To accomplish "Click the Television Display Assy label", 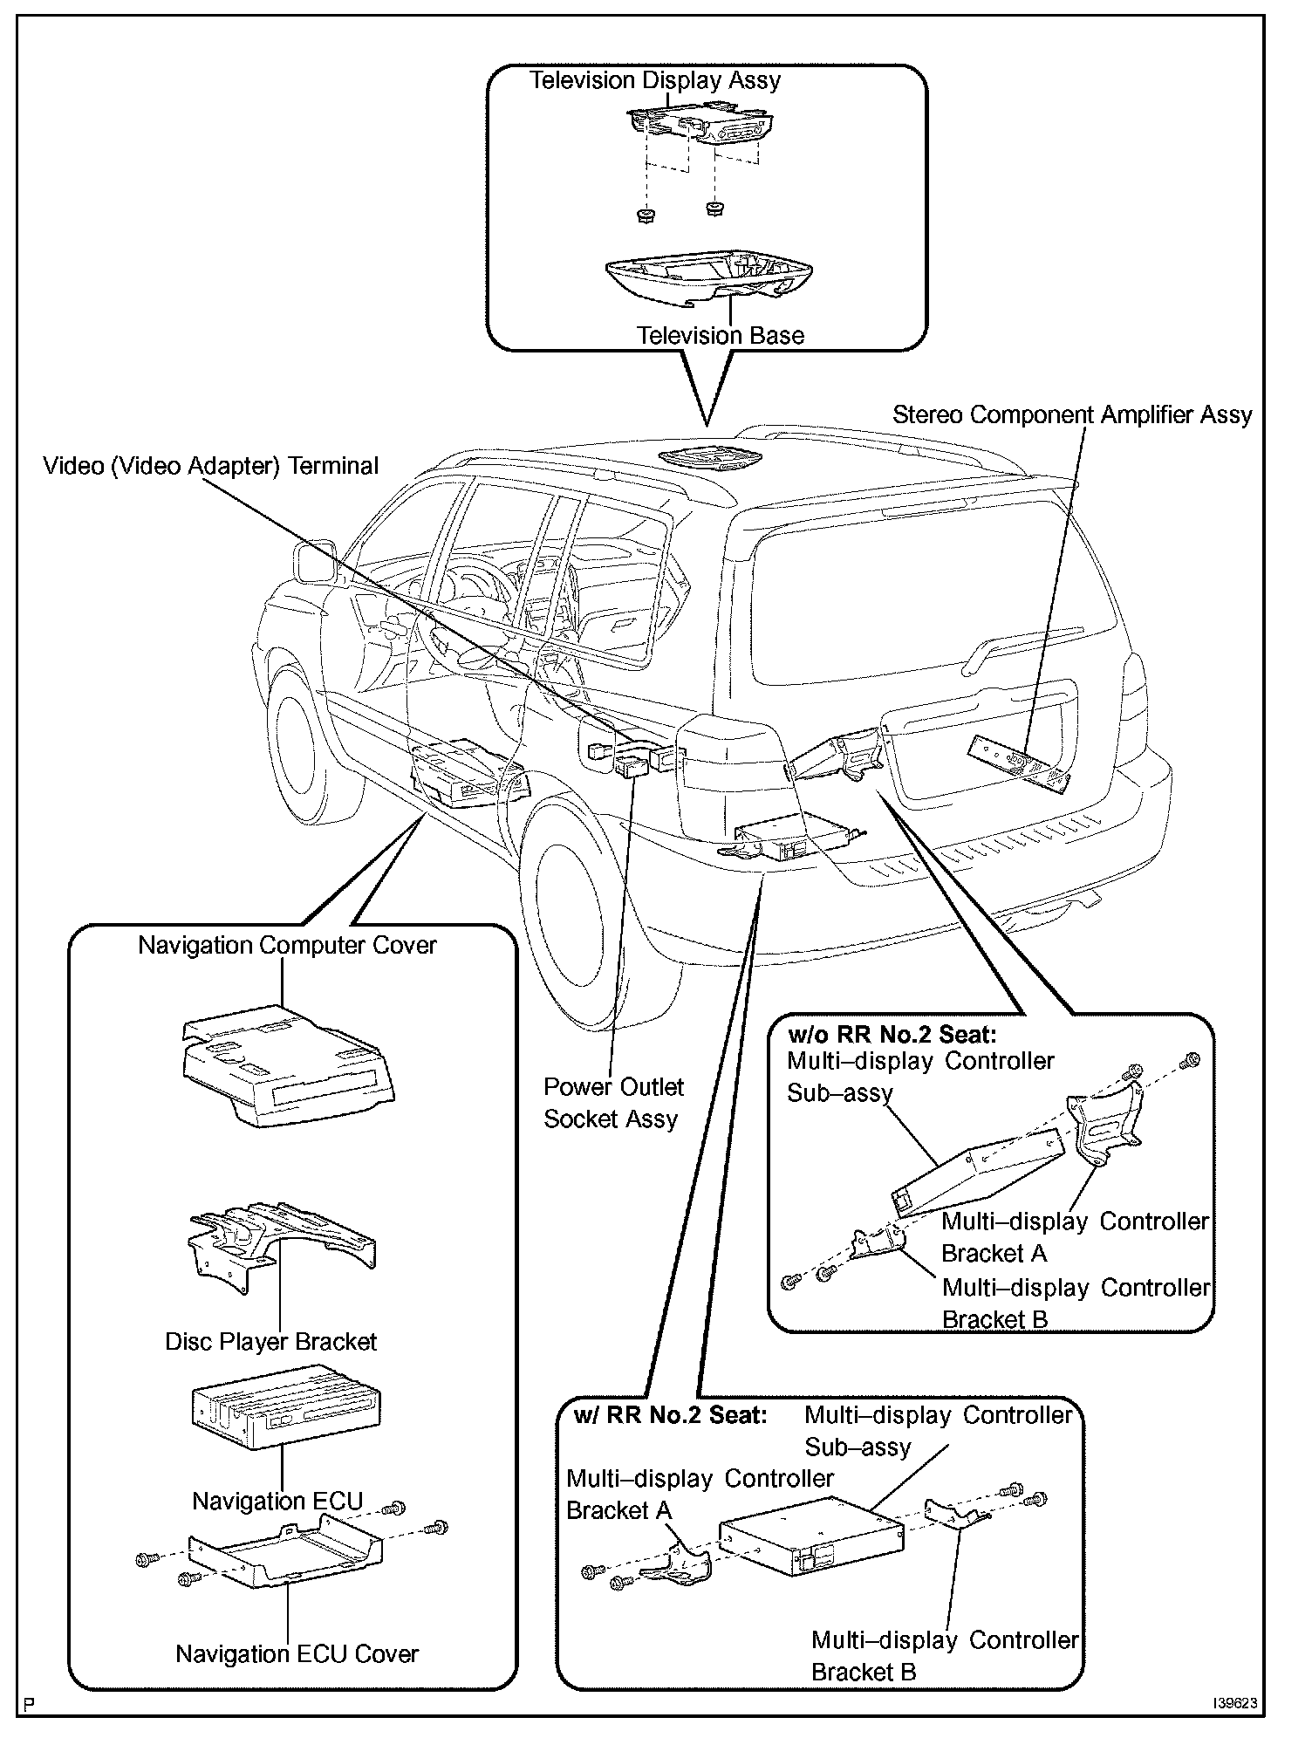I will pos(655,80).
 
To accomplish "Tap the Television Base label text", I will pos(720,335).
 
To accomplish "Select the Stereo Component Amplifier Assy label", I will pos(1072,414).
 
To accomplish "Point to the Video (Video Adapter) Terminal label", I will pos(211,466).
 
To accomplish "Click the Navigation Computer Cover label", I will pos(287,945).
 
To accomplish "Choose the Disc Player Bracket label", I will pos(270,1341).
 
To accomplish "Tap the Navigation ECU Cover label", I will pos(297,1653).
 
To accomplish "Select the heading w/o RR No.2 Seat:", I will pos(892,1036).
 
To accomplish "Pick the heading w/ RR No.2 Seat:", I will pos(670,1414).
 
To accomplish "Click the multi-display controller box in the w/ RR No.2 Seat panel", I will pos(811,1545).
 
